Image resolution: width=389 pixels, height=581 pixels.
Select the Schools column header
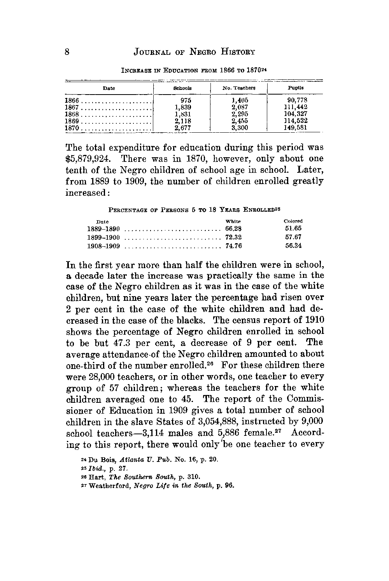tap(182, 88)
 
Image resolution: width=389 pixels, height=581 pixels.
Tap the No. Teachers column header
tap(239, 88)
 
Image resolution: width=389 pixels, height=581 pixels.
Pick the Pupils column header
tap(296, 88)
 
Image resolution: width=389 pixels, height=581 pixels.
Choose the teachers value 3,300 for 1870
tap(239, 127)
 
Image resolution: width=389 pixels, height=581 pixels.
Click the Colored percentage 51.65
tap(293, 228)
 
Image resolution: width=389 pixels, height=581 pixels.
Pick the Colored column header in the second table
tap(293, 221)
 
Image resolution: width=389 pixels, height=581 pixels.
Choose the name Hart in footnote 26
tap(88, 477)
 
